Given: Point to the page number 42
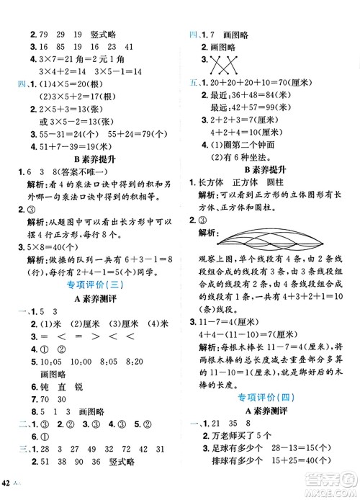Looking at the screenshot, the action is click(x=11, y=491).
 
